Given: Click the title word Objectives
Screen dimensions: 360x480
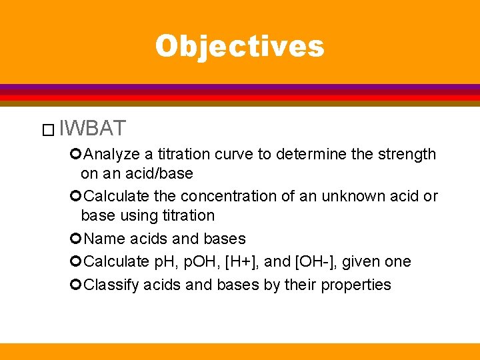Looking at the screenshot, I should [239, 46].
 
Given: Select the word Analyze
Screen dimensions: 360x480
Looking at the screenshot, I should [113, 154].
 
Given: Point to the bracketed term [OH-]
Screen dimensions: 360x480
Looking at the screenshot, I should [320, 261].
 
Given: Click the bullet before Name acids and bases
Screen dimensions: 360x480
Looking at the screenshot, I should [75, 239].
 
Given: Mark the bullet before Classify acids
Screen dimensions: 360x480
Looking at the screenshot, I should [75, 285].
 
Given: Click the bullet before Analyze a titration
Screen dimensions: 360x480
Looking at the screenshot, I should [75, 154].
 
